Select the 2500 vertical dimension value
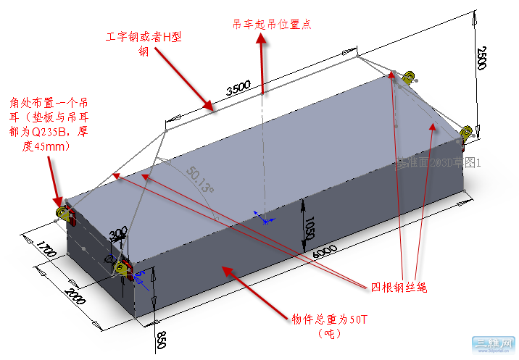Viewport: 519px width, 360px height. [482, 57]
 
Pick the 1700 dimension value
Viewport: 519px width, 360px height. [46, 253]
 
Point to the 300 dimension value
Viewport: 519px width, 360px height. [117, 235]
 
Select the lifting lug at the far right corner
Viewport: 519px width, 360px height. [468, 131]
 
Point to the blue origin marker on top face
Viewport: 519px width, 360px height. [266, 218]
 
